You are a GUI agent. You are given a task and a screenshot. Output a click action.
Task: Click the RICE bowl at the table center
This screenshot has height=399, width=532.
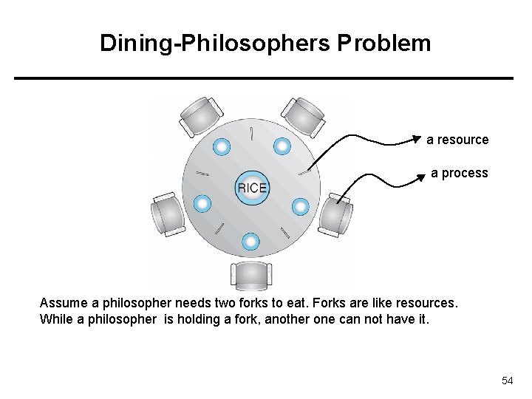coord(252,188)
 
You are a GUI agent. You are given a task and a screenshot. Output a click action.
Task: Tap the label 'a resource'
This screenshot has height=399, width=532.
coord(457,140)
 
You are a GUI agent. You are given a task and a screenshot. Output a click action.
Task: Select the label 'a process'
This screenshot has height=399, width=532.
coord(460,173)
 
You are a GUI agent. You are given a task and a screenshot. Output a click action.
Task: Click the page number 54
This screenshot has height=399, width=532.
coord(507,381)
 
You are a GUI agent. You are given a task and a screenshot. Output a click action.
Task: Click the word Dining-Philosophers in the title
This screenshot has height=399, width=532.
coord(215,43)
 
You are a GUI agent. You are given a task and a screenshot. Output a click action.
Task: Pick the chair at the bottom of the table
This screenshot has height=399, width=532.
coord(251,276)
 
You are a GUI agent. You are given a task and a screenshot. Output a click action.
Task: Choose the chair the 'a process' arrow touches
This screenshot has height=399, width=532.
coord(335,214)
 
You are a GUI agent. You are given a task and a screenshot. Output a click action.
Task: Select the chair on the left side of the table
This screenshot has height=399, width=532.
coord(168,215)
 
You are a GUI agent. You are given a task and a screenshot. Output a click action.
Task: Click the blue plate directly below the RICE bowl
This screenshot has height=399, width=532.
coord(251,241)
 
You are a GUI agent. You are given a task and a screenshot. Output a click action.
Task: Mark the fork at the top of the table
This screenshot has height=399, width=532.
coord(252,134)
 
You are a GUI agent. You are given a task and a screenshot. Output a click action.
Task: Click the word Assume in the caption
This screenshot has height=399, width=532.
coord(62,304)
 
